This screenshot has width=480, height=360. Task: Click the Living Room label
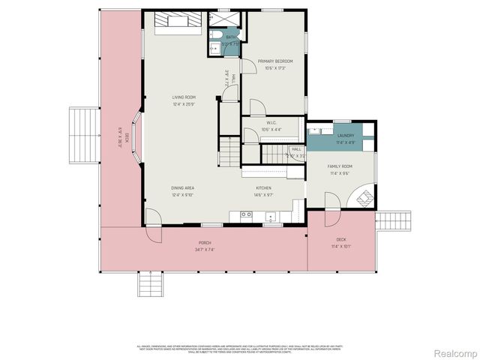point(183,97)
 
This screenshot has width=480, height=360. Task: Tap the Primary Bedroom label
point(274,61)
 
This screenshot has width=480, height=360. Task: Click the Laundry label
point(345,135)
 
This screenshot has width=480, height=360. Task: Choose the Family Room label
point(340,166)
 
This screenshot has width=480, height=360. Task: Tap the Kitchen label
point(263,187)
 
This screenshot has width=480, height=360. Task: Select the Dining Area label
point(182,187)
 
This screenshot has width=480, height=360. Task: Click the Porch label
point(204,242)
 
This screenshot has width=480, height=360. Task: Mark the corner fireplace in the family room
point(365,199)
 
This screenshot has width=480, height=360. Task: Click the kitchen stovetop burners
point(245,214)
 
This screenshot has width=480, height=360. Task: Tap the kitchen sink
point(271,215)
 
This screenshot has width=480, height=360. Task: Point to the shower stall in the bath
point(224,17)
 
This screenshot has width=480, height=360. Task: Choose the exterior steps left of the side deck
point(83,135)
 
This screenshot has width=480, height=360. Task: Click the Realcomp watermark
point(455,352)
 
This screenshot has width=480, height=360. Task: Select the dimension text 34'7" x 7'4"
point(204,249)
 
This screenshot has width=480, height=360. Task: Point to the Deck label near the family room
point(340,239)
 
